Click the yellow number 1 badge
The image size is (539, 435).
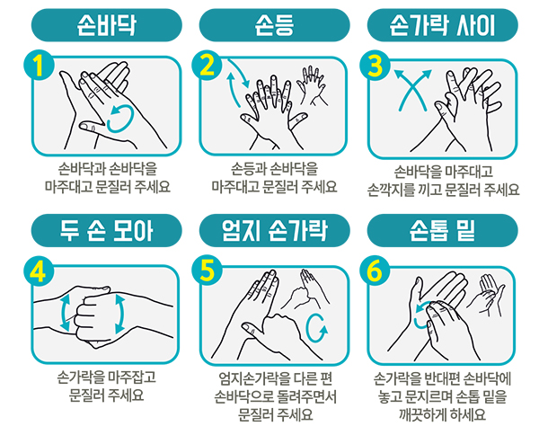pyautogui.click(x=39, y=65)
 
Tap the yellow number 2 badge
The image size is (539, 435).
pyautogui.click(x=207, y=65)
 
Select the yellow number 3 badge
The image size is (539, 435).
pyautogui.click(x=375, y=66)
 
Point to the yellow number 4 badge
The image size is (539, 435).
pyautogui.click(x=39, y=271)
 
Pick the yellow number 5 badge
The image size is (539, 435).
pyautogui.click(x=207, y=271)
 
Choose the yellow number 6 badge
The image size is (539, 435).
pyautogui.click(x=375, y=271)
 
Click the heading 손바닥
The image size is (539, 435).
pyautogui.click(x=107, y=25)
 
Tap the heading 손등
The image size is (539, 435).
pyautogui.click(x=274, y=25)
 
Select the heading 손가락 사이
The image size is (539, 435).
pyautogui.click(x=442, y=25)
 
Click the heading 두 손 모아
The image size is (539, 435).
pyautogui.click(x=107, y=230)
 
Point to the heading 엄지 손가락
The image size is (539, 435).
pyautogui.click(x=274, y=230)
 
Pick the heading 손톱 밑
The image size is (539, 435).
pyautogui.click(x=442, y=230)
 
